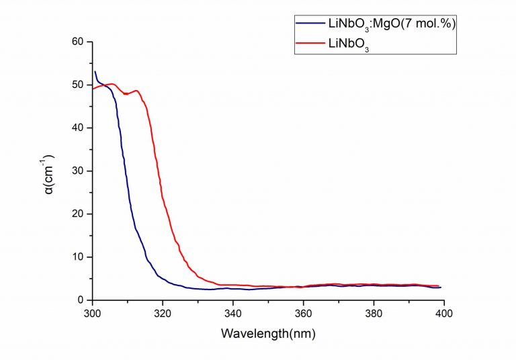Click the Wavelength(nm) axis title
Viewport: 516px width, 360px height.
tap(269, 333)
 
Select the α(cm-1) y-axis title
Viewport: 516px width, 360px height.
tap(48, 171)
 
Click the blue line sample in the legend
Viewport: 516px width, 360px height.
tap(310, 24)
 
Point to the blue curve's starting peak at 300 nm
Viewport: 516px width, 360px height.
tap(95, 72)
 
